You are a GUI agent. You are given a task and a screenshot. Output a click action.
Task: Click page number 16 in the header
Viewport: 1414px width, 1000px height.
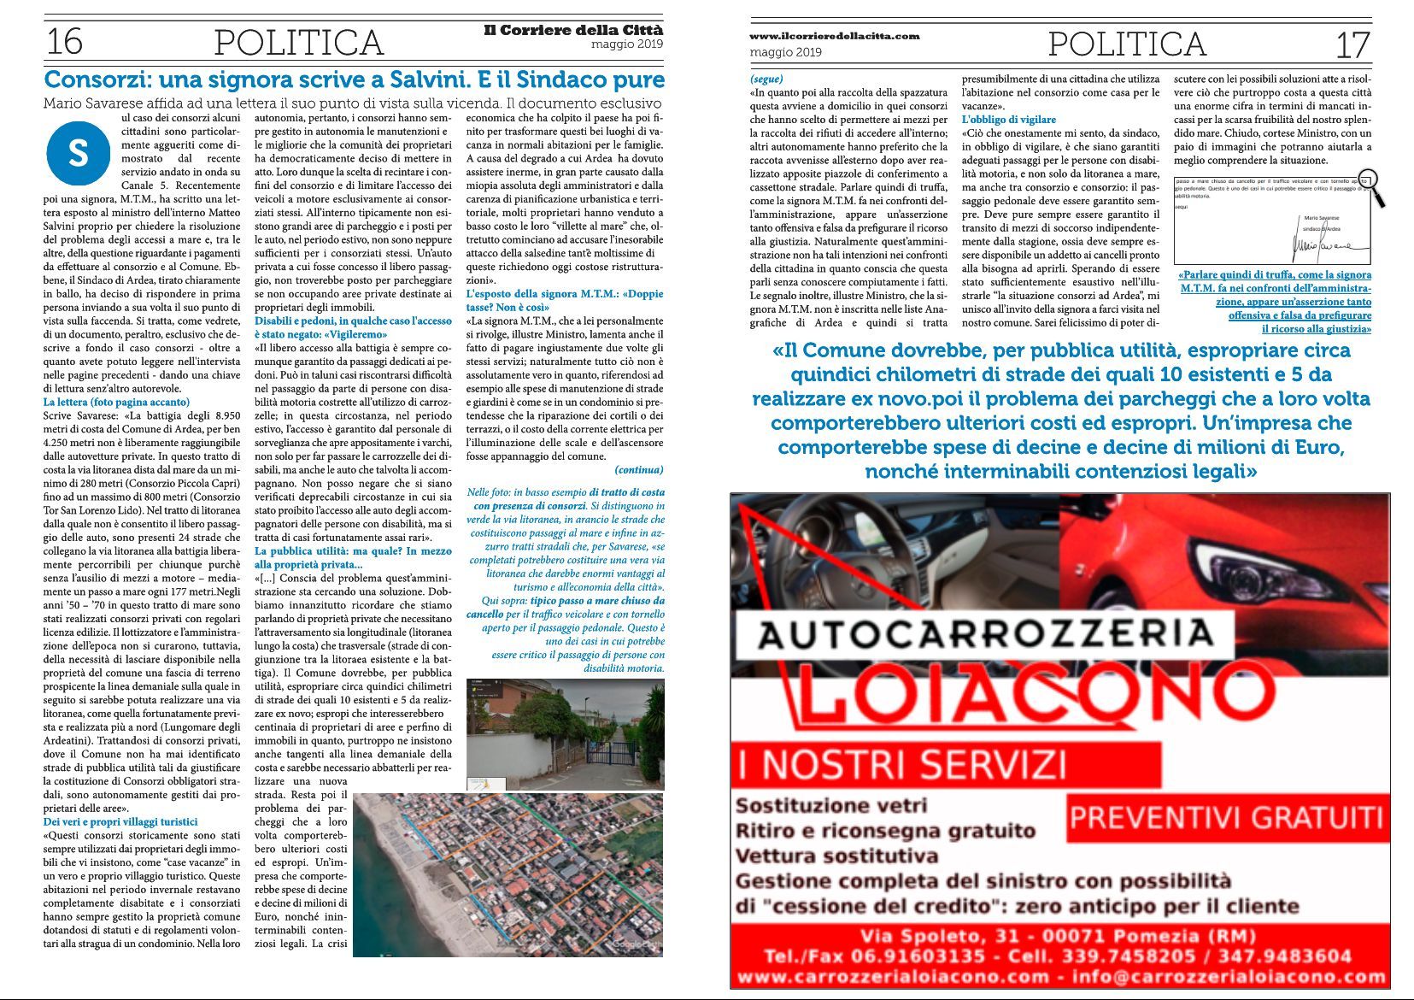(x=64, y=41)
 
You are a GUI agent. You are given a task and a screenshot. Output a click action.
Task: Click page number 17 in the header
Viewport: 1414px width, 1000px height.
(x=1352, y=44)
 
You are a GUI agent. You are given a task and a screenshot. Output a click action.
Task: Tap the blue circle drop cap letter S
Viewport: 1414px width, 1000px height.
(x=78, y=153)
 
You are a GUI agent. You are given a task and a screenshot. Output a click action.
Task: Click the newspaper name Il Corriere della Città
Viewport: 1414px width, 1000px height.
(x=573, y=30)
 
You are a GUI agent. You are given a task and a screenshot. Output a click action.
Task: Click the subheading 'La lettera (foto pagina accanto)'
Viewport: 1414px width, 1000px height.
(x=116, y=402)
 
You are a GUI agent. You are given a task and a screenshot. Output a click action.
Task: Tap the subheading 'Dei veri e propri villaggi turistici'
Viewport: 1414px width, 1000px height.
(x=120, y=821)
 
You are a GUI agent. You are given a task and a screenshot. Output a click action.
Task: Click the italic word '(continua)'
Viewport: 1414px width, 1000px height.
(x=638, y=469)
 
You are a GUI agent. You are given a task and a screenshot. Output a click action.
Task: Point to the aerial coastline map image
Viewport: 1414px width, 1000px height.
(x=508, y=874)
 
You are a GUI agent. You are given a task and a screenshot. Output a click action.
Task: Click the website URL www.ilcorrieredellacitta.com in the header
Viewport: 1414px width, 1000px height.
(x=835, y=36)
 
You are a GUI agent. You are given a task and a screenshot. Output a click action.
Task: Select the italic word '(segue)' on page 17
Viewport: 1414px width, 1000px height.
(x=766, y=79)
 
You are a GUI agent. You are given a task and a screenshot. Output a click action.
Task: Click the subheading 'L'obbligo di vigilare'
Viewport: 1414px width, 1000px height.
(x=1009, y=120)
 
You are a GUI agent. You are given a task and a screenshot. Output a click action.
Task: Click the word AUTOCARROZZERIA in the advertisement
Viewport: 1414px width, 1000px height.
(x=985, y=634)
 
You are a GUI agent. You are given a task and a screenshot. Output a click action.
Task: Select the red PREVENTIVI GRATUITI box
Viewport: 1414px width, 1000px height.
(x=1226, y=818)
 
